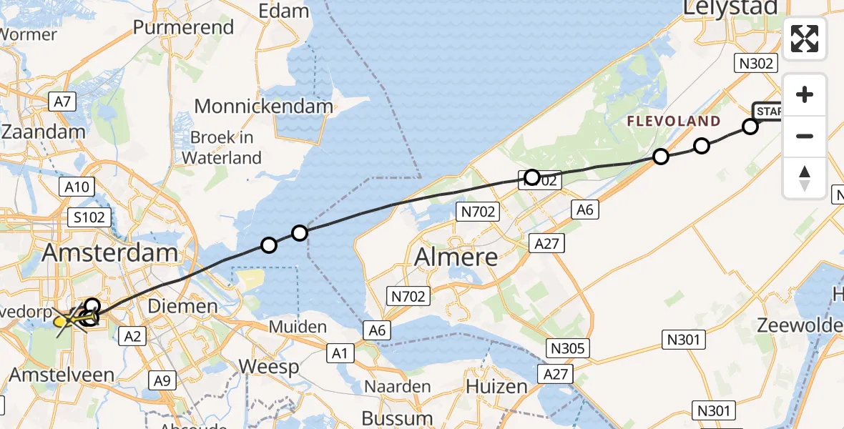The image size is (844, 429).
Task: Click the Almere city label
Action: pos(456,256)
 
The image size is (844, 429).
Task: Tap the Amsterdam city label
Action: pos(110,252)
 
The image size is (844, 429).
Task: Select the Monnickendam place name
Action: pos(263,107)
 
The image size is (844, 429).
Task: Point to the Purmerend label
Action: pos(184,27)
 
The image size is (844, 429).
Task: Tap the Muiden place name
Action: pos(298,327)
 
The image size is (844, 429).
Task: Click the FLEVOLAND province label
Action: pos(673,122)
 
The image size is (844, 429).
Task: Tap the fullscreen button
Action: pos(805,39)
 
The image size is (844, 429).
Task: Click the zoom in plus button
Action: pos(805,94)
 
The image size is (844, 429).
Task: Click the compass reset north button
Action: pos(805,177)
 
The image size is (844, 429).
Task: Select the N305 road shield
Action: pos(568,348)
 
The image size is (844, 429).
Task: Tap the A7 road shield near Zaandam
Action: pos(63,102)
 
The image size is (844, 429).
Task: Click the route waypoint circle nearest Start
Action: pos(750,127)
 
